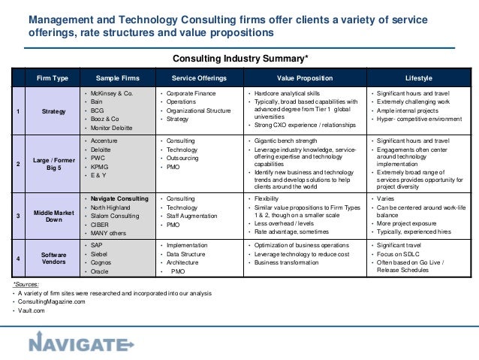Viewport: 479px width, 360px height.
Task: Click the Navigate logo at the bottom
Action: (80, 344)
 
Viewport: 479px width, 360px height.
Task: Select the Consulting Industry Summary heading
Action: (239, 58)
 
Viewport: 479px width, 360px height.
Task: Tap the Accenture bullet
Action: (106, 141)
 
